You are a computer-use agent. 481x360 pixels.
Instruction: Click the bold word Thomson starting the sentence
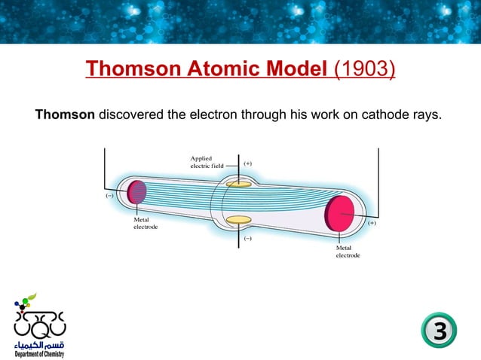click(65, 115)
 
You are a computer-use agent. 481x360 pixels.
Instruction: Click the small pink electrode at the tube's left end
click(136, 192)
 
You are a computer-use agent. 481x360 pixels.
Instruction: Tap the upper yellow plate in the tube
click(238, 183)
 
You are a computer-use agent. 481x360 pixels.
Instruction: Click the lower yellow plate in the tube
click(238, 220)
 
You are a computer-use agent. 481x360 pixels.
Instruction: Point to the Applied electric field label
click(205, 162)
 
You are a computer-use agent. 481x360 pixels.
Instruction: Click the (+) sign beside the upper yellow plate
click(247, 163)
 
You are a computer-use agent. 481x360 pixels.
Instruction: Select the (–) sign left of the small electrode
click(109, 194)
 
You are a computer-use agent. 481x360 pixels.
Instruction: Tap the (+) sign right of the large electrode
click(372, 223)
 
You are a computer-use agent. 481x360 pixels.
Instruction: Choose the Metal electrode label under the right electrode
click(348, 252)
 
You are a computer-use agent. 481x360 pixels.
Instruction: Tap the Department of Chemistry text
click(38, 353)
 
